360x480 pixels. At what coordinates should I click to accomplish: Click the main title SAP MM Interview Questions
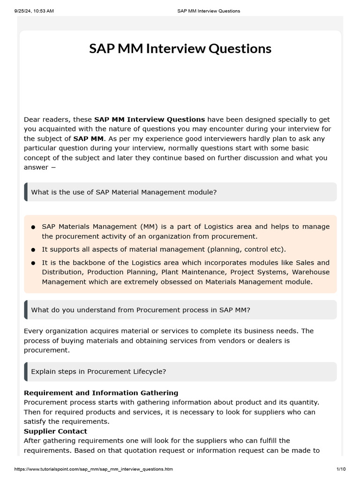tap(180, 49)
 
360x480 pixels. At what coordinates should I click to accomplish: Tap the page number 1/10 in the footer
tap(340, 469)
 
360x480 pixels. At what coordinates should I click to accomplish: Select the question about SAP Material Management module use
tap(124, 192)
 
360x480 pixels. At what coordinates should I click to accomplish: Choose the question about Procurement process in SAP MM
tap(141, 310)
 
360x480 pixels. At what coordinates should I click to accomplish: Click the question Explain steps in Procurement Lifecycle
tap(98, 372)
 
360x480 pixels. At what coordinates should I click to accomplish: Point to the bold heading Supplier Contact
tap(55, 431)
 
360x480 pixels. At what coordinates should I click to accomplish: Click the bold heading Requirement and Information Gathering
tap(101, 393)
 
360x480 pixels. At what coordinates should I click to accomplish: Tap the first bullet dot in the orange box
tap(33, 227)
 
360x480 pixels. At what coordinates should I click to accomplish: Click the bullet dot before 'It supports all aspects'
tap(33, 250)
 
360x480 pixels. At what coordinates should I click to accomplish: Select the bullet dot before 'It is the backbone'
tap(33, 263)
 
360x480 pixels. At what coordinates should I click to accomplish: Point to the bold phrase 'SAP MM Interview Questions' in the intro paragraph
tap(150, 120)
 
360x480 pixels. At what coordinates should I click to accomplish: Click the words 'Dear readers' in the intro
tap(42, 120)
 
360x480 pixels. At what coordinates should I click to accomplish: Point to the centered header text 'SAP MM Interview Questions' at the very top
tap(209, 11)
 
